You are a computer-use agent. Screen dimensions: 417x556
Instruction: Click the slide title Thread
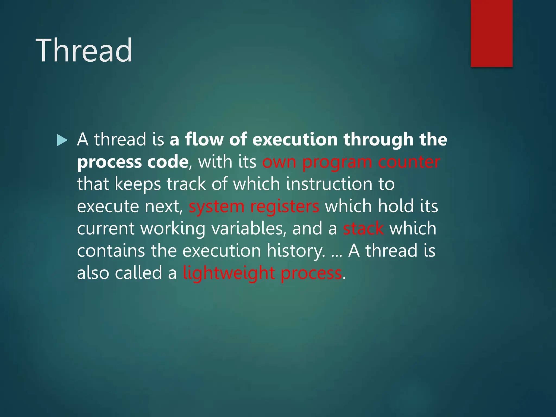point(84,50)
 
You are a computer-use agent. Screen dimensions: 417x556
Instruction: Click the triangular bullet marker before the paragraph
point(62,140)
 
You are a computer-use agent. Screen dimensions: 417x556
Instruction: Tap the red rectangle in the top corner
point(491,33)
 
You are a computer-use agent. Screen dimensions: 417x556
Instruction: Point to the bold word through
point(378,140)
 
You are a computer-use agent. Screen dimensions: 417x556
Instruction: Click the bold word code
point(168,162)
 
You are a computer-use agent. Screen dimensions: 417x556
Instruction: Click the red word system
point(217,207)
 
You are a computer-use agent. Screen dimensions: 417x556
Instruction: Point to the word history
point(295,251)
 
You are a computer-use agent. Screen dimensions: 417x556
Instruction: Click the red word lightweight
point(229,273)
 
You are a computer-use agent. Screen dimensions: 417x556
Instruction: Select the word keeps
point(138,184)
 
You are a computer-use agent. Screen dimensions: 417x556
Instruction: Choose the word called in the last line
point(138,273)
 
